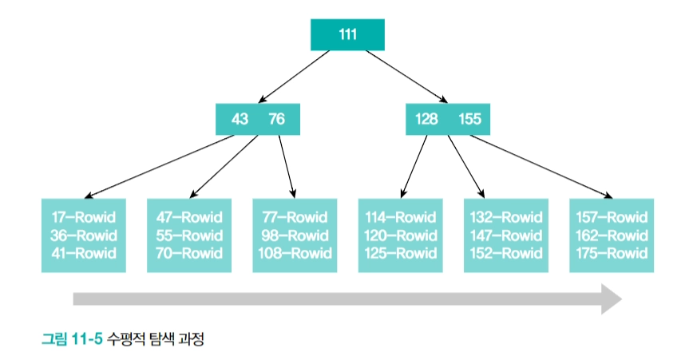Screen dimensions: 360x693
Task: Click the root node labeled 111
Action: pyautogui.click(x=347, y=35)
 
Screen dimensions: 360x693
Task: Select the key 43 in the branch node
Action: pyautogui.click(x=240, y=120)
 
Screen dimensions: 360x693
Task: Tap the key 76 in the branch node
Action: pyautogui.click(x=276, y=120)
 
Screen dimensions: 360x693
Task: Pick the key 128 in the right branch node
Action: pyautogui.click(x=426, y=120)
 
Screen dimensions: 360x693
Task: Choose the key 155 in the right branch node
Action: pyautogui.click(x=469, y=120)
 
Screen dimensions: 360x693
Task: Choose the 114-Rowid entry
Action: pyautogui.click(x=400, y=217)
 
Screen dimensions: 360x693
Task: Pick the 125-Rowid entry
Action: pyautogui.click(x=400, y=254)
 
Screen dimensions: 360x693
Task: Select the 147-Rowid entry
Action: pyautogui.click(x=506, y=235)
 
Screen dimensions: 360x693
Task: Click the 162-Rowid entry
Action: pyautogui.click(x=612, y=235)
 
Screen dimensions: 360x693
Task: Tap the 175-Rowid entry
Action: pyautogui.click(x=612, y=254)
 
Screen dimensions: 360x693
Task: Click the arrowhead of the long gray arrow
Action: pyautogui.click(x=612, y=299)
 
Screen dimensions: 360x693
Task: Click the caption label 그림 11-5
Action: pyautogui.click(x=72, y=339)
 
